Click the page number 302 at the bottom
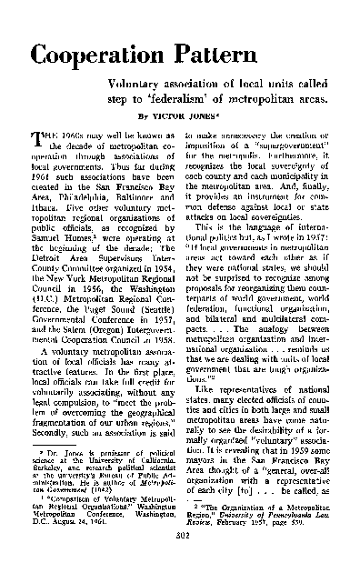[180, 562]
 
